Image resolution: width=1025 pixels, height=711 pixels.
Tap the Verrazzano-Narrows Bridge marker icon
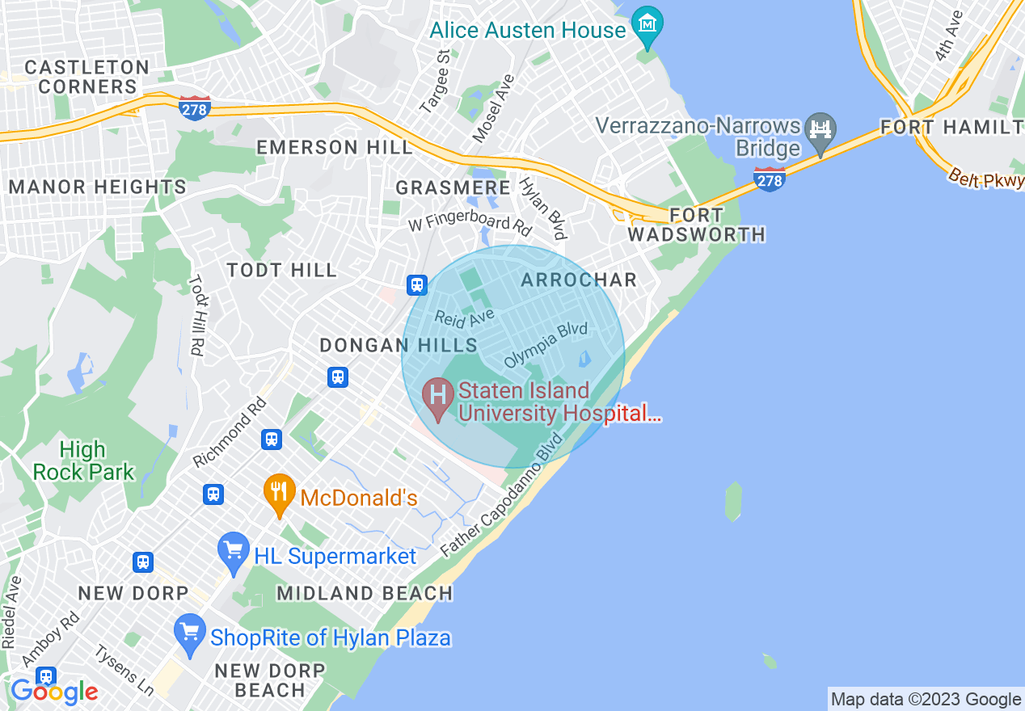pyautogui.click(x=820, y=130)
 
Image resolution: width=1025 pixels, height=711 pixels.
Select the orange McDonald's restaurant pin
pyautogui.click(x=279, y=492)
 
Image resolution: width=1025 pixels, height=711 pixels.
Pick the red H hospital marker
pyautogui.click(x=438, y=398)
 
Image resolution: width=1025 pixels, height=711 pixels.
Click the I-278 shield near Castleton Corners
pyautogui.click(x=195, y=107)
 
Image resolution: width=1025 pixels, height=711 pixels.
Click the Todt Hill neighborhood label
pyautogui.click(x=281, y=270)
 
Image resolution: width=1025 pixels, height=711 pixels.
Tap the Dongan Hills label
pyautogui.click(x=399, y=345)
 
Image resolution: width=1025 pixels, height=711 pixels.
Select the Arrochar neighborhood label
pyautogui.click(x=579, y=280)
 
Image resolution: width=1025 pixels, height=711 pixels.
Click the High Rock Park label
pyautogui.click(x=83, y=461)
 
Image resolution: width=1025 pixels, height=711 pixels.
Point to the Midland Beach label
pyautogui.click(x=365, y=593)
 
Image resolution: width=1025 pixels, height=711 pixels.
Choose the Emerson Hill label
pyautogui.click(x=334, y=147)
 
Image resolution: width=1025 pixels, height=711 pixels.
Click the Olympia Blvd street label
pyautogui.click(x=545, y=346)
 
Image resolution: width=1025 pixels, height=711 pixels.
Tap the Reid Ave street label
pyautogui.click(x=464, y=318)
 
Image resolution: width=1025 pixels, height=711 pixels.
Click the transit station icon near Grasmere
pyautogui.click(x=416, y=284)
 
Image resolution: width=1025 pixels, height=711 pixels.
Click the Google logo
pyautogui.click(x=54, y=691)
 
